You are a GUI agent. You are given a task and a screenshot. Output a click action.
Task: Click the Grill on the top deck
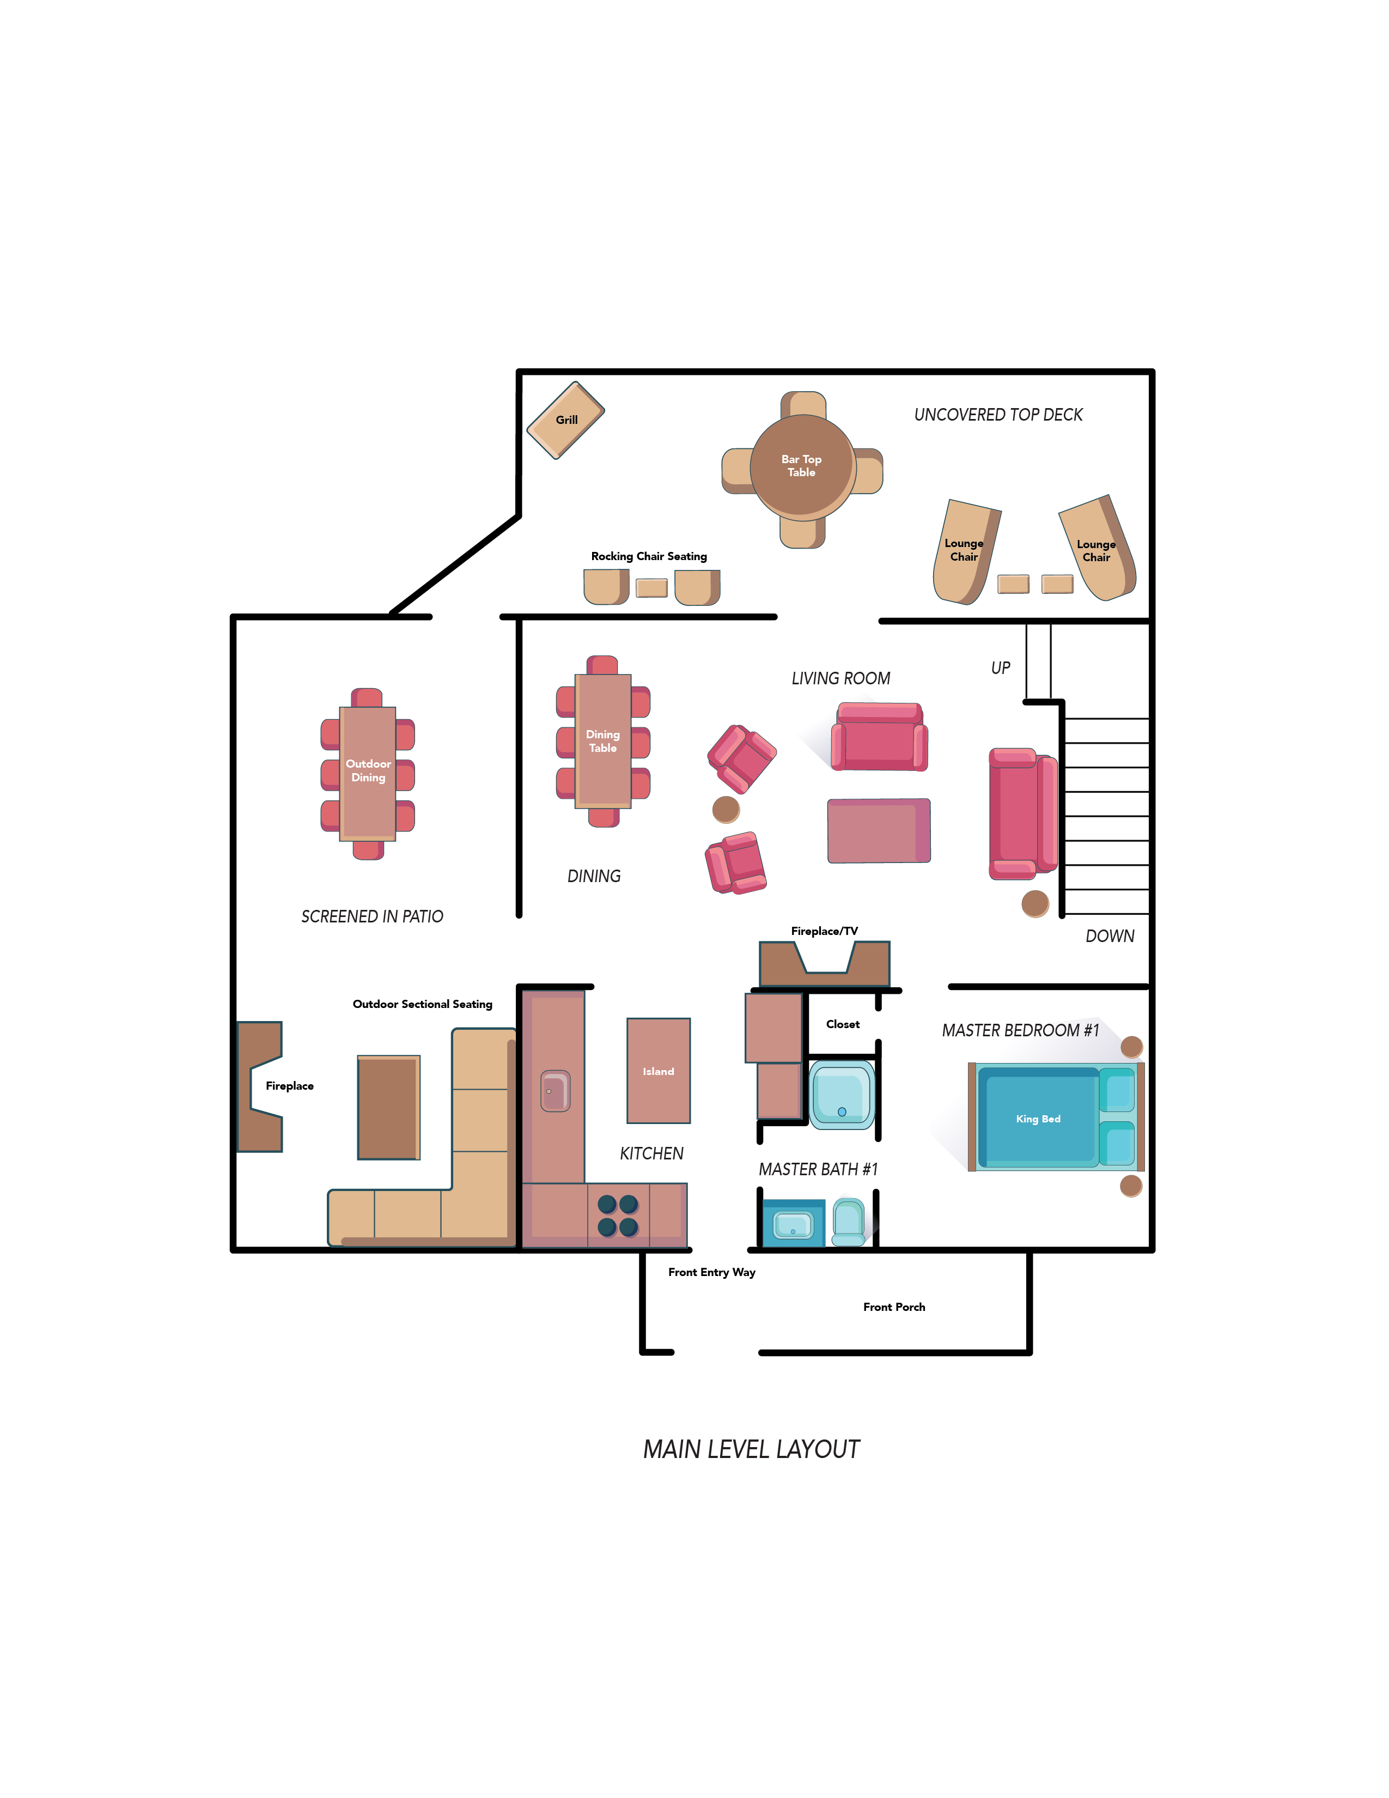tap(566, 420)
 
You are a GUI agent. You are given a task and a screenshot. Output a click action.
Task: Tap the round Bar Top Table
tap(802, 467)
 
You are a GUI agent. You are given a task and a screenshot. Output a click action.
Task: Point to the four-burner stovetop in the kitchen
tap(618, 1216)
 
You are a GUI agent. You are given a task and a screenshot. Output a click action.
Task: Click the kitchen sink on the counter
tap(556, 1091)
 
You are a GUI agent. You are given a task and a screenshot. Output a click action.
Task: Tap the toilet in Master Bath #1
tap(848, 1222)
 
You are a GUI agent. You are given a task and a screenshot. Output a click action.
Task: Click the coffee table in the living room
tap(879, 831)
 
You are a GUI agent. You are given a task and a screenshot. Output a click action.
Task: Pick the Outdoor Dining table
tap(368, 774)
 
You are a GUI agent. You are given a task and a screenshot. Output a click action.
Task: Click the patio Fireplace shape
tap(260, 1087)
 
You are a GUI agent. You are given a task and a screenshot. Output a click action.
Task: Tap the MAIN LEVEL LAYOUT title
tap(751, 1449)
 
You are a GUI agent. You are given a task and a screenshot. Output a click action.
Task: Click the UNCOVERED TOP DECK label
tap(998, 415)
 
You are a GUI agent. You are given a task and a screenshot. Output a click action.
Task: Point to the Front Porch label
tap(894, 1307)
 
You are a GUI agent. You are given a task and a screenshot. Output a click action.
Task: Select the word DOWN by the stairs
tap(1110, 936)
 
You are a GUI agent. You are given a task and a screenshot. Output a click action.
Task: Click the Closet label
tap(843, 1024)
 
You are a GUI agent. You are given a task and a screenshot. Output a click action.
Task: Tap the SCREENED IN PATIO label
tap(372, 916)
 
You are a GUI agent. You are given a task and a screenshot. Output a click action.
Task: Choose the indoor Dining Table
tap(603, 741)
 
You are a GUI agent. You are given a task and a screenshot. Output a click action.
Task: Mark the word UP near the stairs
tap(1001, 667)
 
